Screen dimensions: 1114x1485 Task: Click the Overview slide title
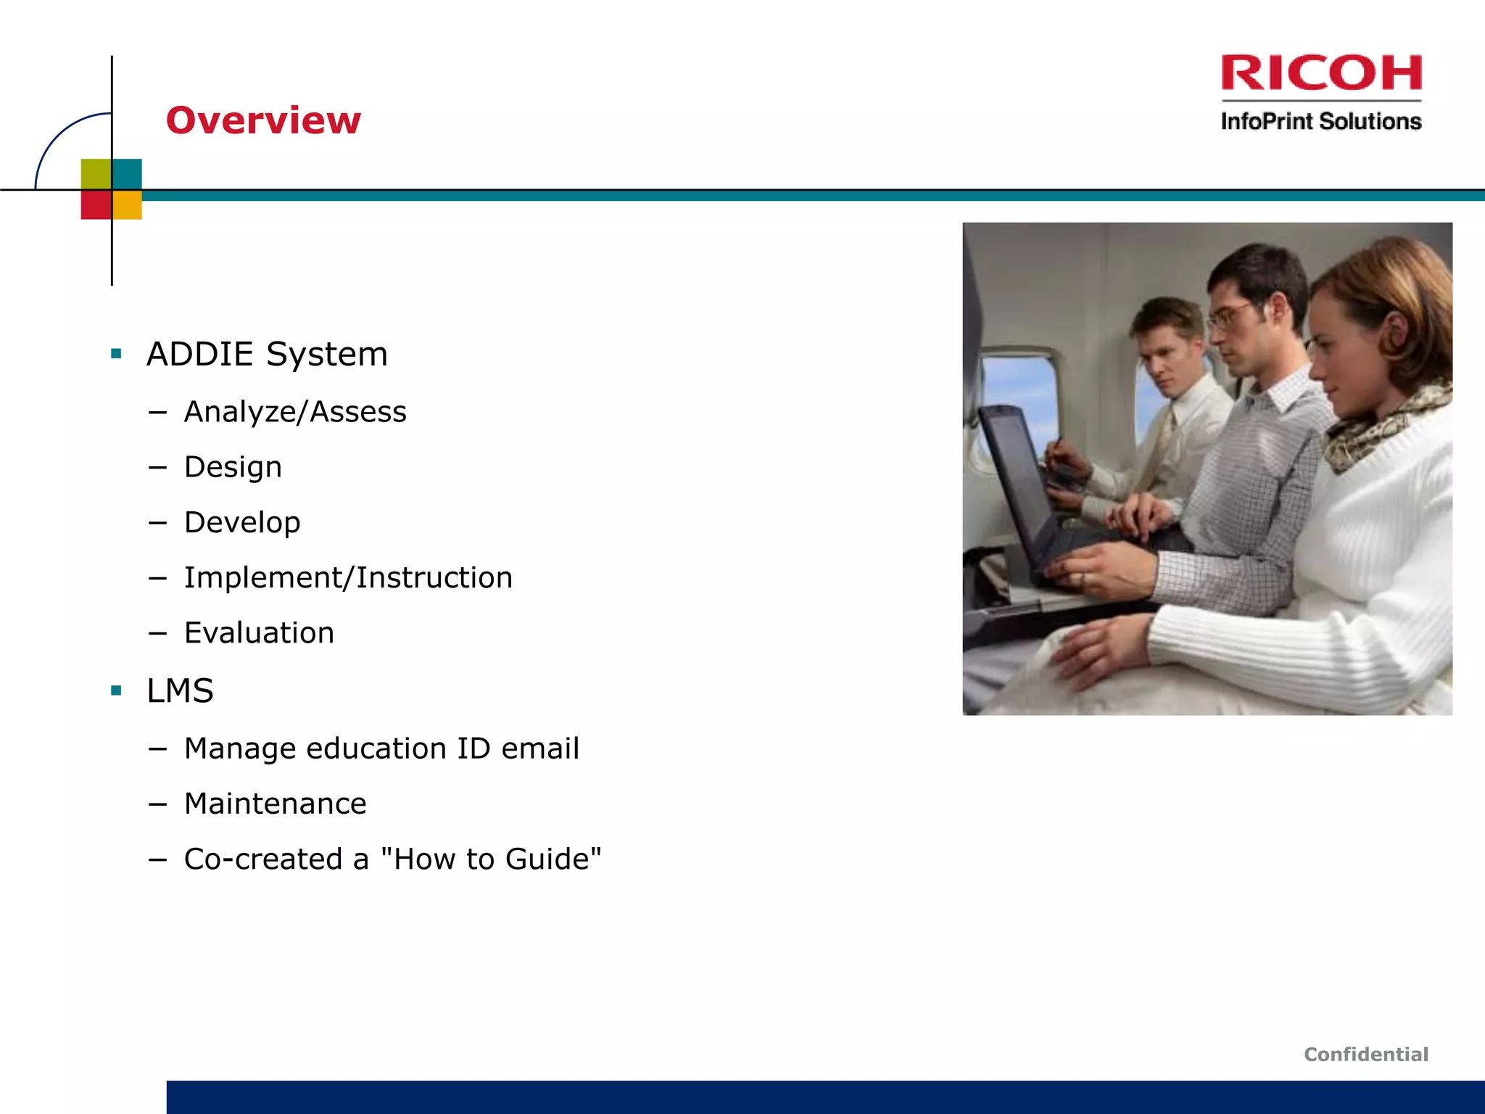tap(263, 120)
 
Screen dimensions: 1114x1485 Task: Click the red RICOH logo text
tap(1320, 73)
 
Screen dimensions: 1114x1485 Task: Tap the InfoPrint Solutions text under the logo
tap(1320, 121)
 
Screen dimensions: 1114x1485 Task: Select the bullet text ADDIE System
tap(267, 354)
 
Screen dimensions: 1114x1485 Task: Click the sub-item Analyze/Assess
tap(295, 412)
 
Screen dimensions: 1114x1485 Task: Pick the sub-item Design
tap(233, 467)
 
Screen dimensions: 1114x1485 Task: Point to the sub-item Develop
tap(242, 522)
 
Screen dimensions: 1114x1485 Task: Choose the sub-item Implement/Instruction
tap(348, 578)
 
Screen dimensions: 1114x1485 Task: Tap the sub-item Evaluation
tap(259, 633)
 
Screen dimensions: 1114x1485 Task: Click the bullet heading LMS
tap(180, 690)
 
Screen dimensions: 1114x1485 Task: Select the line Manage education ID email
tap(381, 748)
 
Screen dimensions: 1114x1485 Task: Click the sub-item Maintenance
tap(275, 804)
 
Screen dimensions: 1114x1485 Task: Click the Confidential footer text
tap(1365, 1055)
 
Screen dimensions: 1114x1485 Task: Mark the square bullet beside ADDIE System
tap(116, 354)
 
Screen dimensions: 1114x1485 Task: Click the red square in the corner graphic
tap(95, 205)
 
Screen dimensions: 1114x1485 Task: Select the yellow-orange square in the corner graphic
tap(128, 205)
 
